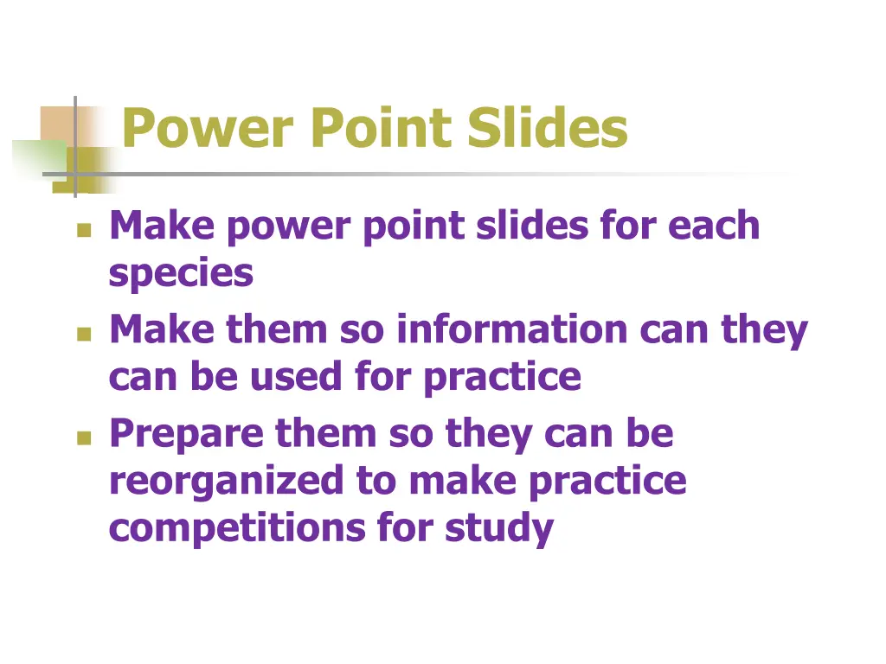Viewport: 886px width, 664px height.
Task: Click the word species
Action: [181, 274]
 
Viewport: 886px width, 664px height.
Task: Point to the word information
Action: [512, 330]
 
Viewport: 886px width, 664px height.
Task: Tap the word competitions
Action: [236, 527]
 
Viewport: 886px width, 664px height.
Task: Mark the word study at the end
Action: [499, 527]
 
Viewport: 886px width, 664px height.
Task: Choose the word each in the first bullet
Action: [714, 227]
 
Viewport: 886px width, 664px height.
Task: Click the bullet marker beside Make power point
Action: [83, 230]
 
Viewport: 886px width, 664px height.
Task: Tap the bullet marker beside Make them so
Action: [83, 334]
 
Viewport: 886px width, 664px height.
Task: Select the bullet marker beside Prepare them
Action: [83, 437]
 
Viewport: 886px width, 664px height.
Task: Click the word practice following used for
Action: [502, 376]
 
